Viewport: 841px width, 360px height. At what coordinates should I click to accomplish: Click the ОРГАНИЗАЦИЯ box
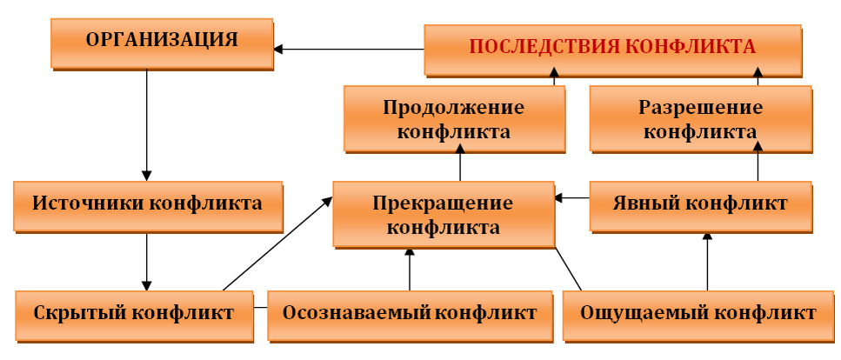162,40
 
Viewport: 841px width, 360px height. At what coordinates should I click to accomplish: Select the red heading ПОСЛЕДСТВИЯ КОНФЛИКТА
612,49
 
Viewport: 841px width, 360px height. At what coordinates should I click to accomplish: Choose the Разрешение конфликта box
700,119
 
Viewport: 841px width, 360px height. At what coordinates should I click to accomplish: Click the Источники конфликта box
147,205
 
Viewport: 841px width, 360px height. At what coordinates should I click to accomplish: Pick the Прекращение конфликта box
443,214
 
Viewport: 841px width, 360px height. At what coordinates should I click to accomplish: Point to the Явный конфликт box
700,205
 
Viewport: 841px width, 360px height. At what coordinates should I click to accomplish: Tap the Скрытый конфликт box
134,313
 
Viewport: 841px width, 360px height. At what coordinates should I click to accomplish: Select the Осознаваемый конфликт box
409,313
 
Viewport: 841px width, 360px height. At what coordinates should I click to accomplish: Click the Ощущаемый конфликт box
697,313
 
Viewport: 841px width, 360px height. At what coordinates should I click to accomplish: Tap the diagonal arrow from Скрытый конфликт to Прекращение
277,243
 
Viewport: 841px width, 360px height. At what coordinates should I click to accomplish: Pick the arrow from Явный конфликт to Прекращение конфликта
572,198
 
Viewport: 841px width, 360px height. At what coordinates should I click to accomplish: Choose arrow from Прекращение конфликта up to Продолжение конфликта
460,165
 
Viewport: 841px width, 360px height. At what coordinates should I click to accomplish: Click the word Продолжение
453,109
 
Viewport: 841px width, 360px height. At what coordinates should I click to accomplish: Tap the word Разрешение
700,109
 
